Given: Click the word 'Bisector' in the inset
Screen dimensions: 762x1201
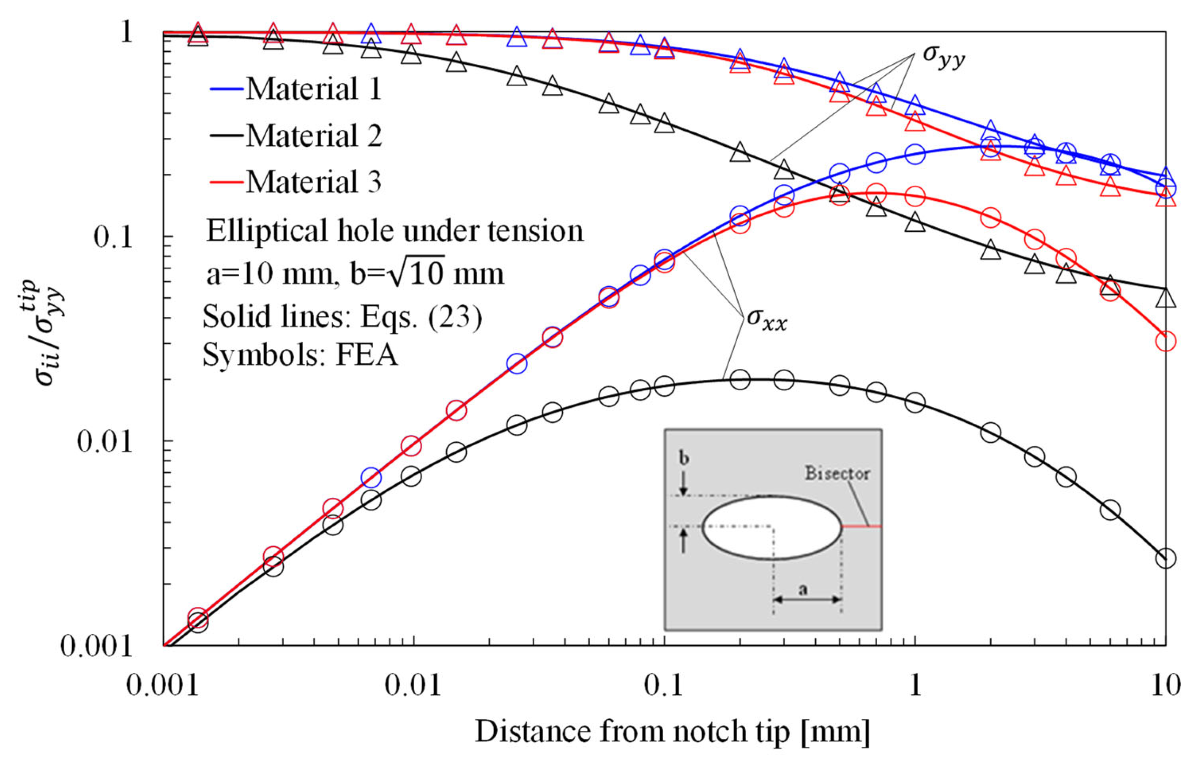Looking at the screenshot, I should [837, 473].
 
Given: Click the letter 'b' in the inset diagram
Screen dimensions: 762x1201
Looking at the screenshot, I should [684, 458].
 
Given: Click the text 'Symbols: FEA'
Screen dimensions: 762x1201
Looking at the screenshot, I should [301, 356].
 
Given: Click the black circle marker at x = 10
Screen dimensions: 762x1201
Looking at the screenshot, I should [1165, 559].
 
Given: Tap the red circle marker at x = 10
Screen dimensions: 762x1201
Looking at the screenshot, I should [1165, 342].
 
